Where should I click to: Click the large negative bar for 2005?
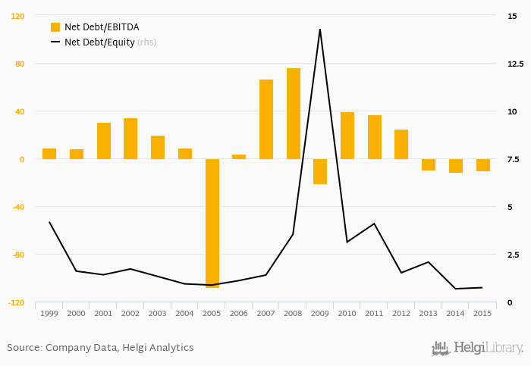tap(212, 223)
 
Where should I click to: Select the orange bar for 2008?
tap(294, 114)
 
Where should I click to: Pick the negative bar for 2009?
tap(320, 171)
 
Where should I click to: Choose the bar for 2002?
tap(130, 139)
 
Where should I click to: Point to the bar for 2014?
tap(456, 166)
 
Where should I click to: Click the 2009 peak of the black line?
tap(320, 30)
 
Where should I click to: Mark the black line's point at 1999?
tap(49, 222)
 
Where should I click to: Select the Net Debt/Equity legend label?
tap(99, 42)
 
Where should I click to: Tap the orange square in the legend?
tap(55, 27)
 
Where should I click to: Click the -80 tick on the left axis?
tap(17, 255)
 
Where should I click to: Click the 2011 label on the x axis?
tap(374, 313)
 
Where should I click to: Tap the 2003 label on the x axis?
tap(157, 313)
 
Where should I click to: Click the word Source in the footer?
tap(23, 348)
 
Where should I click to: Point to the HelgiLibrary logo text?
tap(488, 348)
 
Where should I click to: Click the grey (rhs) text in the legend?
tap(147, 42)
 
